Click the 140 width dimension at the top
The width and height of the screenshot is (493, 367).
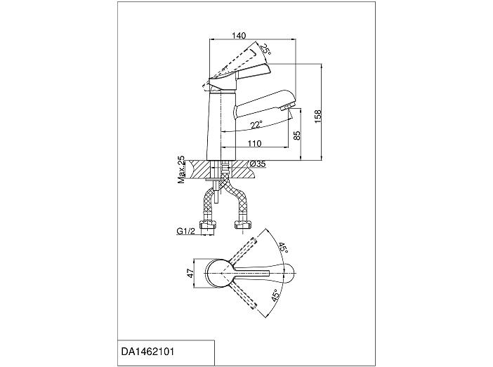239,36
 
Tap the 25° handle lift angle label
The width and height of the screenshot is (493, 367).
265,49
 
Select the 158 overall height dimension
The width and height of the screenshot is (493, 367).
318,116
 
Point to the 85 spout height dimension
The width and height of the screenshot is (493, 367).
297,135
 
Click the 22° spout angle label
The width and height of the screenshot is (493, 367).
257,125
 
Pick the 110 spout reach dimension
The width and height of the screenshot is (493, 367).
254,144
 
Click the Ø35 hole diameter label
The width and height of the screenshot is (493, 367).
258,164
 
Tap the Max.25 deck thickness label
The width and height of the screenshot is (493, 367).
181,170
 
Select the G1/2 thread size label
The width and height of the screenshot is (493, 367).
186,232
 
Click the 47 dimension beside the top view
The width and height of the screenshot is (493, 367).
190,274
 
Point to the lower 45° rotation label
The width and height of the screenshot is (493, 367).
275,295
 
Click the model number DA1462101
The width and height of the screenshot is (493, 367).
147,352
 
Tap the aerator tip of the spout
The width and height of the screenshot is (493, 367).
284,108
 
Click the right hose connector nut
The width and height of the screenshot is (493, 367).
243,224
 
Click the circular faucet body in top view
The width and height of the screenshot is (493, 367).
220,274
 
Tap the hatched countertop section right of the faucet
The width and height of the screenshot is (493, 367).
243,170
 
